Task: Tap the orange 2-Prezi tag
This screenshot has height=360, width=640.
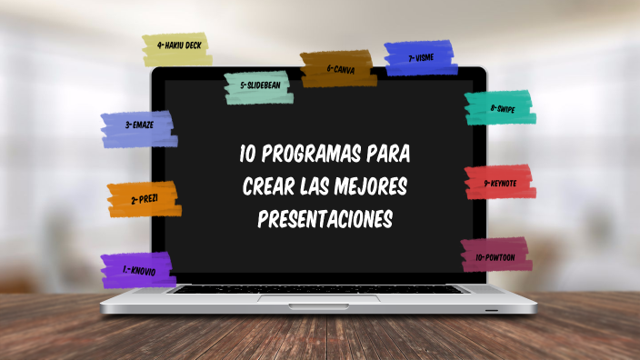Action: (x=144, y=199)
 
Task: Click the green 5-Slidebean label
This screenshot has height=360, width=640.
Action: (x=258, y=86)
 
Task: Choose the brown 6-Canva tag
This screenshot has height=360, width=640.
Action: (x=338, y=68)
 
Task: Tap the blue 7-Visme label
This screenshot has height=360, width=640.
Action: (x=420, y=57)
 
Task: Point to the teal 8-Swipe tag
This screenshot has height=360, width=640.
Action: (x=499, y=107)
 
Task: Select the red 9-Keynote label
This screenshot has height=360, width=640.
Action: (x=500, y=183)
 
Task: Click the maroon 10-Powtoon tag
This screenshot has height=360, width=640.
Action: (x=494, y=256)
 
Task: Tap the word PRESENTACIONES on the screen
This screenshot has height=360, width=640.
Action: (x=325, y=220)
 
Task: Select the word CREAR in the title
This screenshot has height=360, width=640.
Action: (x=266, y=187)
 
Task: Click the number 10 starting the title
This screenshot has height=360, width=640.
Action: (x=247, y=154)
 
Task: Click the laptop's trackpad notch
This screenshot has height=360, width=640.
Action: (x=319, y=297)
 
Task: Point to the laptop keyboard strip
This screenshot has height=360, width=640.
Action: (x=319, y=289)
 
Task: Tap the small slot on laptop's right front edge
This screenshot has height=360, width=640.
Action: (x=491, y=310)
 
